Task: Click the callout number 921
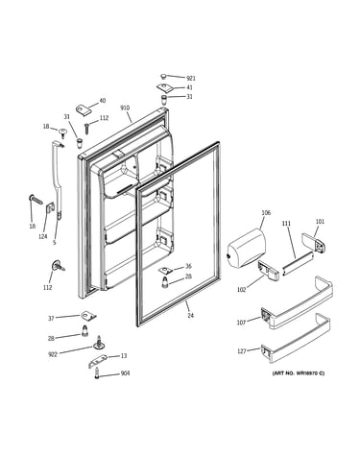[x=191, y=78]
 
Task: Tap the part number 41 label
[x=189, y=87]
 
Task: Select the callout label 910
[x=125, y=108]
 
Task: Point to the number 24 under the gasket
[x=190, y=316]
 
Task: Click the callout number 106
[x=266, y=212]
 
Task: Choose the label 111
[x=286, y=224]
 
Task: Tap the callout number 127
[x=241, y=351]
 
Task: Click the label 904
[x=125, y=373]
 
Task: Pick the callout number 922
[x=53, y=354]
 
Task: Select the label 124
[x=43, y=236]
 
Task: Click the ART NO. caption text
[x=299, y=373]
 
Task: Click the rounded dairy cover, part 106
[x=246, y=248]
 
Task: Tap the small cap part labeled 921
[x=163, y=77]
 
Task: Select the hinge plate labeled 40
[x=84, y=109]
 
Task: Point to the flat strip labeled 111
[x=297, y=263]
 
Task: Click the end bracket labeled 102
[x=268, y=271]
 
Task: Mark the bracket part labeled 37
[x=88, y=315]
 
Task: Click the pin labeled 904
[x=97, y=373]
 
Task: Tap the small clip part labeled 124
[x=50, y=208]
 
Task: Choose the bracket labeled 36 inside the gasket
[x=166, y=270]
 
